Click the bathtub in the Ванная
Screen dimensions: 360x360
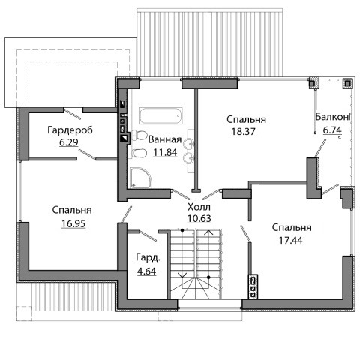tap(160, 115)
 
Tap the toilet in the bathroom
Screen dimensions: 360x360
tap(139, 135)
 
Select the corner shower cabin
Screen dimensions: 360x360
tap(141, 178)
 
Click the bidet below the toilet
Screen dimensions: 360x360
tap(139, 153)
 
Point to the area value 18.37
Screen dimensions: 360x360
tap(244, 131)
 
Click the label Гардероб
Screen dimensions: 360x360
tap(70, 130)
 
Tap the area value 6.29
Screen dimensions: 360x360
tap(69, 142)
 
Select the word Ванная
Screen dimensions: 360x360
tap(165, 139)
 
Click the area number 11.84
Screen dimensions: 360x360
tap(165, 152)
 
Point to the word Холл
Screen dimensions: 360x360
tap(199, 207)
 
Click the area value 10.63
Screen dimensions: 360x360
tap(199, 218)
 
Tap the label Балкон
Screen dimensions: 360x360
tap(333, 117)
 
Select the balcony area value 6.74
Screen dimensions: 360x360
tap(332, 130)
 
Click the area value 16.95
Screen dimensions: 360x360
tap(73, 223)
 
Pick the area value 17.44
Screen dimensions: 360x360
tap(291, 241)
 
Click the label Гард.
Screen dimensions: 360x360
tap(148, 258)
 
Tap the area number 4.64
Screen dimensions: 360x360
tap(147, 271)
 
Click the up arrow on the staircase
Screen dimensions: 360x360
tap(209, 232)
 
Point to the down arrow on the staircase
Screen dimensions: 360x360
tap(182, 274)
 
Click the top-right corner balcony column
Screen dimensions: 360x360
tap(347, 83)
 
